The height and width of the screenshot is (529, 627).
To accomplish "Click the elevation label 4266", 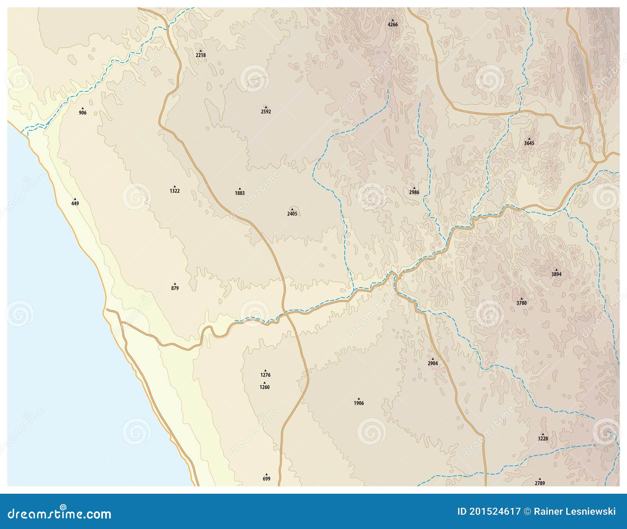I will coord(393,25).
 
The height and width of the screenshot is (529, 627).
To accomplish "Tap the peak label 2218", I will coord(201,55).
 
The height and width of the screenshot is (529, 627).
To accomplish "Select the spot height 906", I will coord(83,113).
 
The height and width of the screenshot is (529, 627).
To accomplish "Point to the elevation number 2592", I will coord(266,112).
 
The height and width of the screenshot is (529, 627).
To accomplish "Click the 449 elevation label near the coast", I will coord(75,203).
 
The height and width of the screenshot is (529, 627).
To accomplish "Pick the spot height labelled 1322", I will coord(175,191).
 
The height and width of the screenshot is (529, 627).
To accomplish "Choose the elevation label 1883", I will coord(240,193).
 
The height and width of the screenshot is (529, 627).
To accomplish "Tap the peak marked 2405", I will coord(292,214).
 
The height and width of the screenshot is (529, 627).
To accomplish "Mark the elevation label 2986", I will coord(414,192).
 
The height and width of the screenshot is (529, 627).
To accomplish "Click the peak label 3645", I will coord(529,143).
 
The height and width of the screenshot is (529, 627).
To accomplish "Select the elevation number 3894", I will coord(556,274).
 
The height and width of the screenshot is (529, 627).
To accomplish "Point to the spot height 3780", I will coord(522,303).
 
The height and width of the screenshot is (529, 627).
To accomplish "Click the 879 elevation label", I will coord(175,288).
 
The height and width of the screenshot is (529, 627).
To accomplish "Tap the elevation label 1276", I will coord(265,375).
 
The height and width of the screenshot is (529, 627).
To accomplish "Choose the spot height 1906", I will coord(359,403).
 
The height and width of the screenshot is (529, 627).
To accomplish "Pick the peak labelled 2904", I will coord(433,363).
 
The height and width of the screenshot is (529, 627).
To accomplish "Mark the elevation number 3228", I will coord(543,438).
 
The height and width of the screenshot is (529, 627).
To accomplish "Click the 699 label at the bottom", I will coord(266,478).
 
